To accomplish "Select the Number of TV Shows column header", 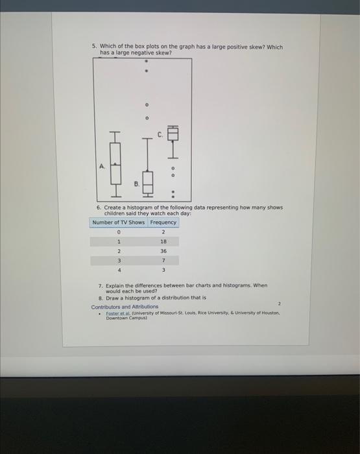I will click(119, 222).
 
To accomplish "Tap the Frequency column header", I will click(163, 222).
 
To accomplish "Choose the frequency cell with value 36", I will click(163, 250).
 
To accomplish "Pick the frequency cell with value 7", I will click(163, 260).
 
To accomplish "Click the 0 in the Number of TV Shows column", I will click(119, 232).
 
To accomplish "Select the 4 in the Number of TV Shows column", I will click(119, 269).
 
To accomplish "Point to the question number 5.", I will click(93, 47).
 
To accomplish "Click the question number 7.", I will click(101, 285).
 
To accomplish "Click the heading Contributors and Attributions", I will click(125, 307).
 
